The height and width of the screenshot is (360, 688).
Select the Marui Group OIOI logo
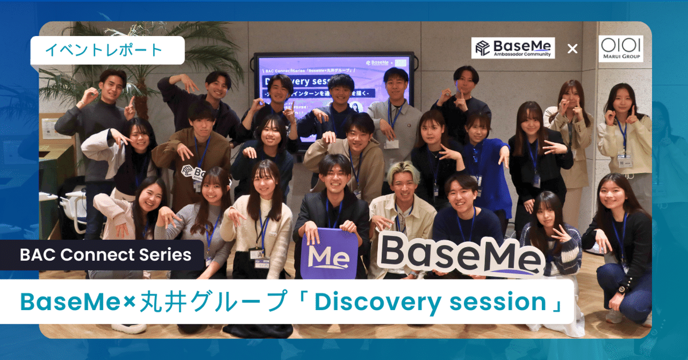click(x=620, y=48)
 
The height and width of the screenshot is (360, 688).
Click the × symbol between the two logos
click(x=572, y=49)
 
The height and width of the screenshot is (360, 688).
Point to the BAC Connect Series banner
click(x=105, y=255)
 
